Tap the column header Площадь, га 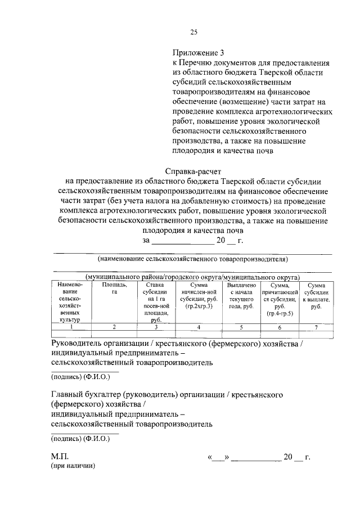tap(114, 289)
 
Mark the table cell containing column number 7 tap(316, 326)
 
